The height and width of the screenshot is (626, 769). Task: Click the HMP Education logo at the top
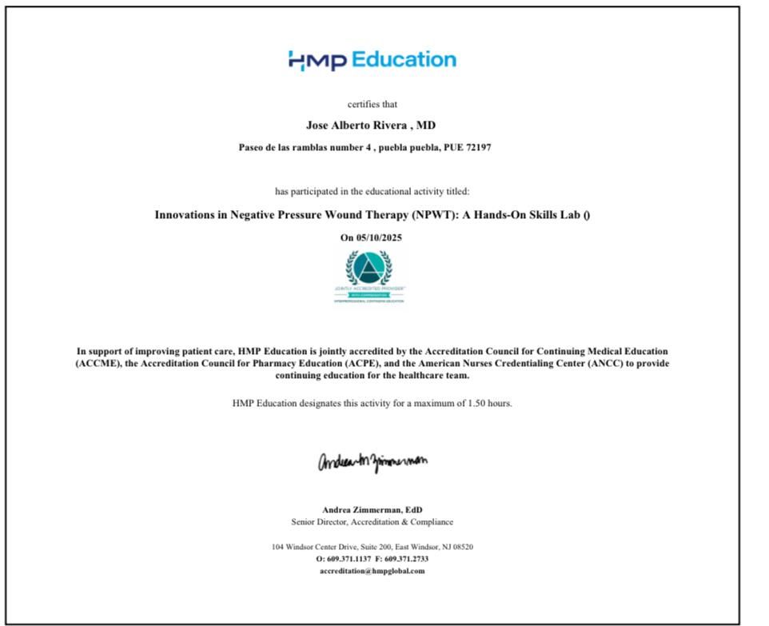(372, 60)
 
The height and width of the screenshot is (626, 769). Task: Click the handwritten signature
(372, 462)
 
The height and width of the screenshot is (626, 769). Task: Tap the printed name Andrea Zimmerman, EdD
(372, 509)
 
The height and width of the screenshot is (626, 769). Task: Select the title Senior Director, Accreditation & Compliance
(372, 522)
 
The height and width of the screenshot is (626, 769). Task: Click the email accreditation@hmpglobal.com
(372, 571)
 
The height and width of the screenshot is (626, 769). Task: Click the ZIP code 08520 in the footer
(462, 547)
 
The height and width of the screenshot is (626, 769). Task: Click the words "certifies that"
(372, 104)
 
